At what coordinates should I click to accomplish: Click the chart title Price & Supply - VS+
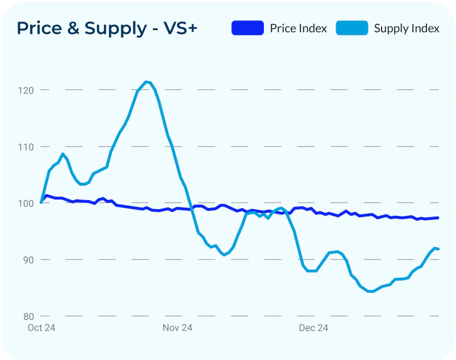click(x=107, y=28)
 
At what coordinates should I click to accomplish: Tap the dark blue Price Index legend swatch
click(x=248, y=28)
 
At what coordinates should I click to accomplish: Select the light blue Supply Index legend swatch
click(x=352, y=28)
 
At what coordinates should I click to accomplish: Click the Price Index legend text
click(x=298, y=28)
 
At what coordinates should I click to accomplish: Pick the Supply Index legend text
click(x=406, y=29)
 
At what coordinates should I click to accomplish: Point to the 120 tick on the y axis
click(x=26, y=90)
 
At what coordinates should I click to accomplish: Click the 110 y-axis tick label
click(x=26, y=147)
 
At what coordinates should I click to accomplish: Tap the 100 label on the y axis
click(x=26, y=203)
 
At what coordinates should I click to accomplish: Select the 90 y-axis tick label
click(x=28, y=260)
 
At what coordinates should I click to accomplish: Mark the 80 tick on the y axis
click(x=28, y=316)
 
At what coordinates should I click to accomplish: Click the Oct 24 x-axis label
click(x=41, y=328)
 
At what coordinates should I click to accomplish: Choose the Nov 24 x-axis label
click(x=177, y=328)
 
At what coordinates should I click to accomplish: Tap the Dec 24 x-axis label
click(x=313, y=328)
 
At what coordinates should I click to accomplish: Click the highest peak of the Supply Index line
click(x=146, y=82)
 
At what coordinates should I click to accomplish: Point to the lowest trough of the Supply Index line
click(x=370, y=291)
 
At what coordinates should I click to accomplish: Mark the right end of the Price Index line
click(x=438, y=218)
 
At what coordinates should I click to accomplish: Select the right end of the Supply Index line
click(x=438, y=249)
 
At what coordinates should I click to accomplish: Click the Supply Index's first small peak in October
click(x=63, y=154)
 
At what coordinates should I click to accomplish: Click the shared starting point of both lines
click(x=41, y=202)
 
